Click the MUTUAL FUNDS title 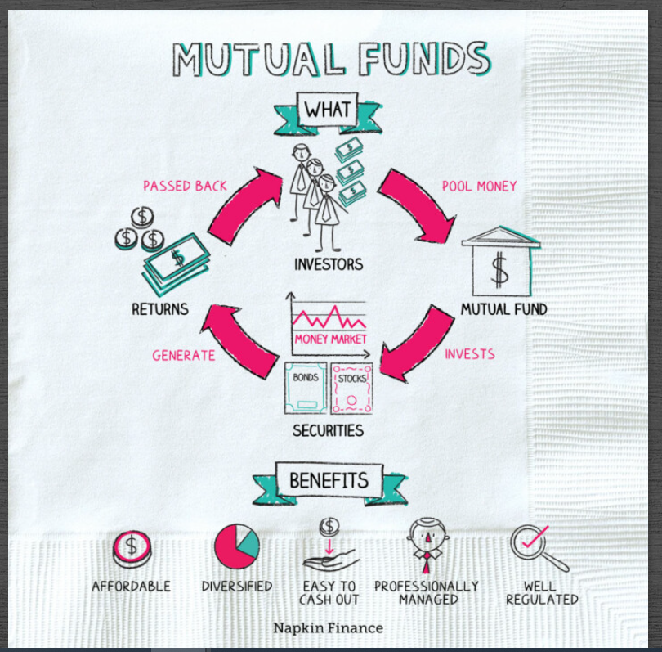[330, 59]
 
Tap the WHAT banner [327, 110]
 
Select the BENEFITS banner [329, 479]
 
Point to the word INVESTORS [329, 265]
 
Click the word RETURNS [159, 309]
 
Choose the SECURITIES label [328, 430]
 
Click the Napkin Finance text [328, 628]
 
